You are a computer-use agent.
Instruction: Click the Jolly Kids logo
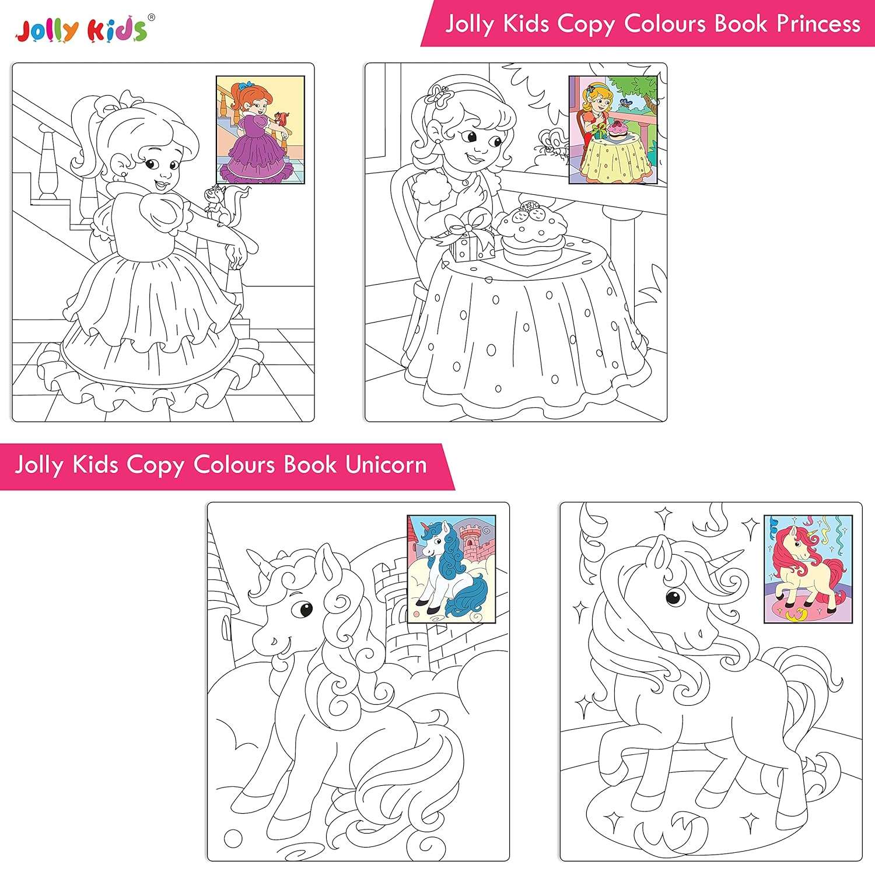(x=82, y=30)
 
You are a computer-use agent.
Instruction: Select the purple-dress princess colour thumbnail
(x=260, y=131)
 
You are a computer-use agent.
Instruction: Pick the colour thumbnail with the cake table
(x=613, y=129)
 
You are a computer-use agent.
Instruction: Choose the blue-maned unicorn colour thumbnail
(x=451, y=569)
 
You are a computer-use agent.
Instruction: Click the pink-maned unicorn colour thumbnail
(x=808, y=569)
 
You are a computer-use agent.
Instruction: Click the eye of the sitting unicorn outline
(x=304, y=610)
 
